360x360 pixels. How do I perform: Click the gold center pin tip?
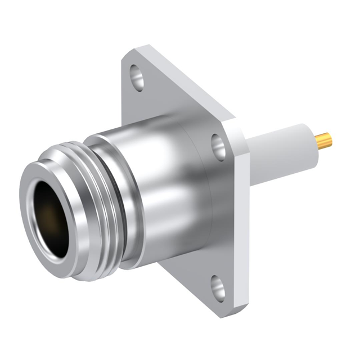[325, 141]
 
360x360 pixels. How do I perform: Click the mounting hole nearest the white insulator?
[218, 146]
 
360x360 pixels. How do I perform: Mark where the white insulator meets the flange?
[251, 157]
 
